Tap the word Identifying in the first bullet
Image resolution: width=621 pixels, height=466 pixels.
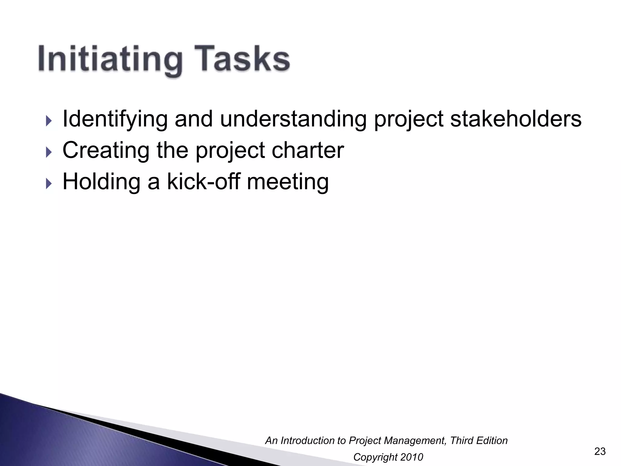(115, 119)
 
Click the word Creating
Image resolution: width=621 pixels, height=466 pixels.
(106, 150)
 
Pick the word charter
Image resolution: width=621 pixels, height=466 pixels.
(308, 150)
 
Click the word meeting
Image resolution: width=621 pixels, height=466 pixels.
(288, 182)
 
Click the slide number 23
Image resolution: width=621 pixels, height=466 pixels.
(600, 451)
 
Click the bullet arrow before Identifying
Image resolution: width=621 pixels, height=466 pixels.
(49, 121)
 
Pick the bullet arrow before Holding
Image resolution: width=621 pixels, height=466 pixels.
(49, 184)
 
